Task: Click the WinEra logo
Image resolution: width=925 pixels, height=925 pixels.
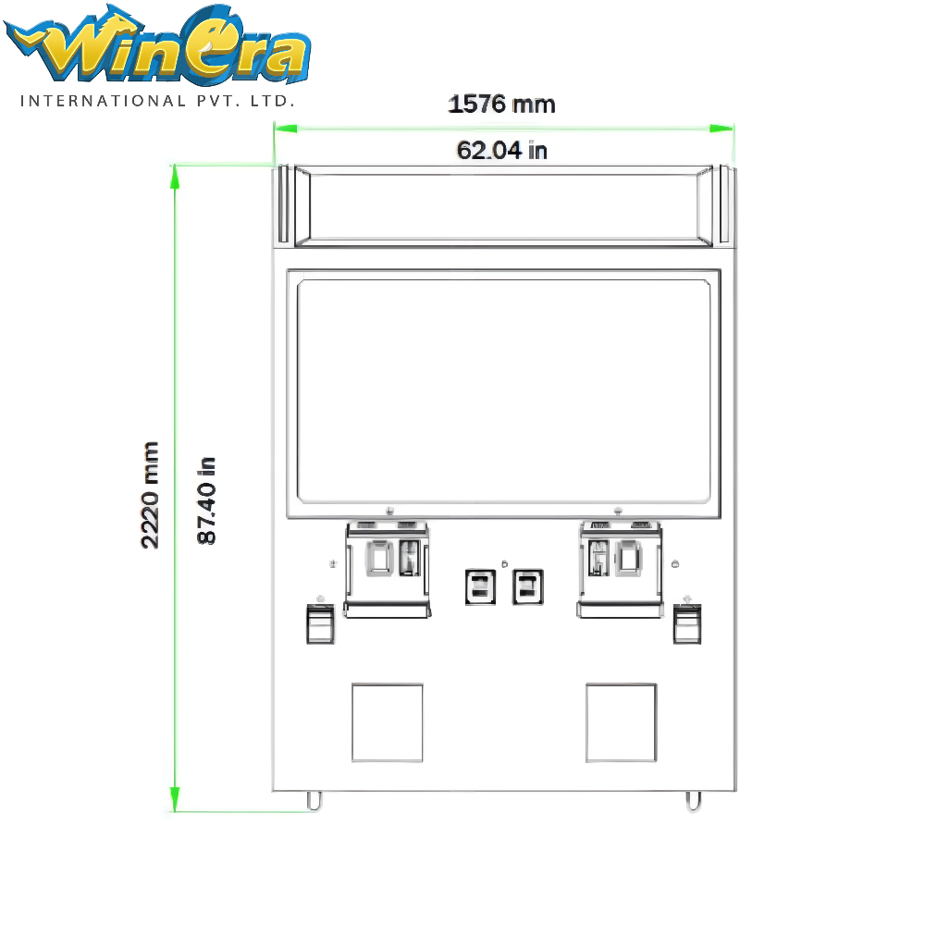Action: click(x=157, y=45)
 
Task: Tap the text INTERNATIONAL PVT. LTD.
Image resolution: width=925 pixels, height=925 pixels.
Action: click(x=157, y=101)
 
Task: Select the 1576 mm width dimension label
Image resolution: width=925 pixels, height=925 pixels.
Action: click(x=501, y=105)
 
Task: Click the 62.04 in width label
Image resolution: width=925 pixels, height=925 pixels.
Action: click(x=502, y=151)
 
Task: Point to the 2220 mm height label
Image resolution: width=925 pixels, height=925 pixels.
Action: click(x=150, y=495)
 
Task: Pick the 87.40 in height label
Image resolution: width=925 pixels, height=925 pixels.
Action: click(x=206, y=500)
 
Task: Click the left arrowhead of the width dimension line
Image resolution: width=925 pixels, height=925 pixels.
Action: click(x=286, y=128)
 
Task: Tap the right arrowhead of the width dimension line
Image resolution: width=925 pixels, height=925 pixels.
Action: click(x=721, y=128)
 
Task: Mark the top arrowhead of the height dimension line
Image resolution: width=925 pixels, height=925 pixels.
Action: click(x=175, y=177)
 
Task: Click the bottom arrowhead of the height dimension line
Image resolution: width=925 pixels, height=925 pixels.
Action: click(x=175, y=799)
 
